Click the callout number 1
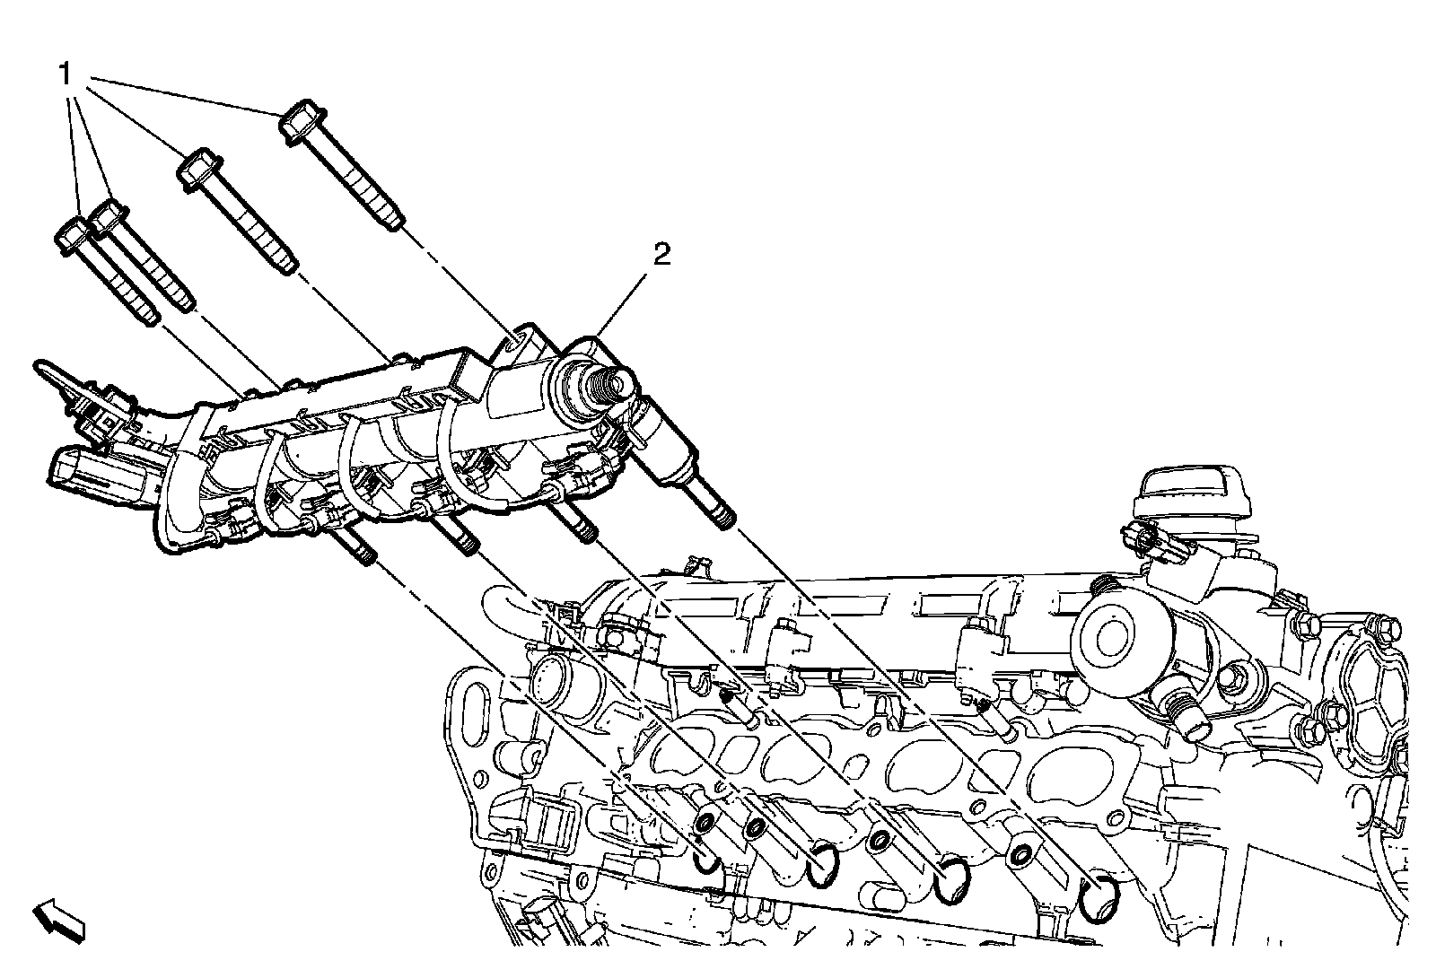tap(65, 74)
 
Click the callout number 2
tap(661, 257)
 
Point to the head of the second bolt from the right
tap(197, 169)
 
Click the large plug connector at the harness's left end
tap(85, 474)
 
